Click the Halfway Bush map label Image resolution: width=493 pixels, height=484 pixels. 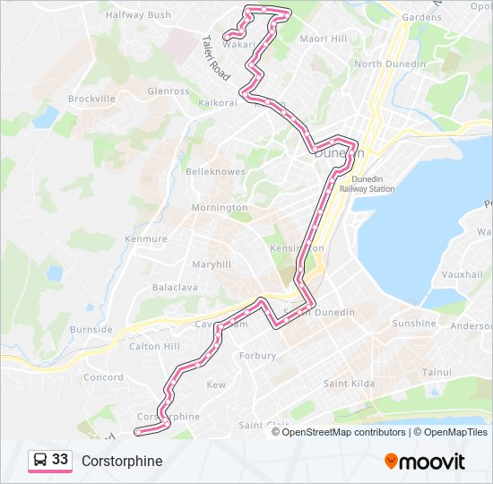tap(138, 15)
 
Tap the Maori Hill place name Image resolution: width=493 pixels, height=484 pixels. tap(323, 39)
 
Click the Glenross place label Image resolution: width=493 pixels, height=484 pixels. tap(169, 91)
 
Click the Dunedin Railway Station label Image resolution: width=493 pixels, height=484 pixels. tap(375, 184)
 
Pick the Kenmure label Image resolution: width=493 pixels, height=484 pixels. tap(146, 239)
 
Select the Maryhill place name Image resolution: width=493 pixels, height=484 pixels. tap(212, 264)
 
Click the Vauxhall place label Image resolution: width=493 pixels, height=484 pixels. tap(463, 274)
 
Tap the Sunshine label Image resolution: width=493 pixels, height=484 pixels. tap(414, 324)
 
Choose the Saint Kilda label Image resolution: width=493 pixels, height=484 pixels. tap(348, 384)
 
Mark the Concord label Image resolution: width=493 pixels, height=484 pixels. tap(103, 377)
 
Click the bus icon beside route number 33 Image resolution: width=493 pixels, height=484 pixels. tap(40, 460)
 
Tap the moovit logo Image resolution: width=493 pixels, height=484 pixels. tap(425, 462)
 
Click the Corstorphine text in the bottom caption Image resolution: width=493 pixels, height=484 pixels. tap(122, 461)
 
